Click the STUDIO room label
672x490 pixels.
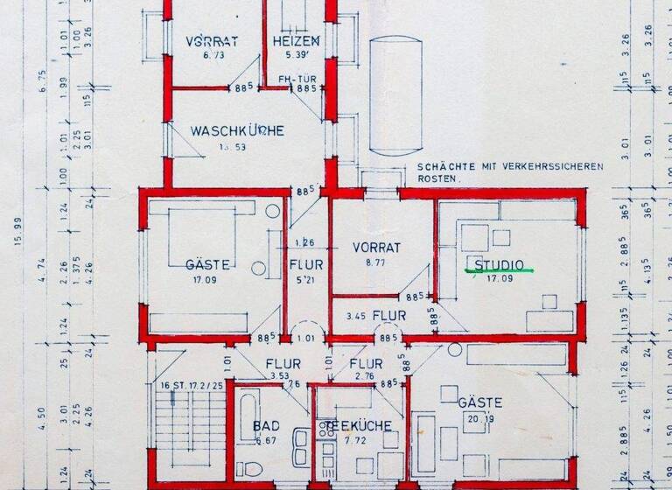(x=499, y=264)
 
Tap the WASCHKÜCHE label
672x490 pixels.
(x=237, y=131)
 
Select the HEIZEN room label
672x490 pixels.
(x=296, y=41)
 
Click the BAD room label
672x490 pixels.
(x=267, y=426)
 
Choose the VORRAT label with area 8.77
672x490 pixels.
(x=376, y=248)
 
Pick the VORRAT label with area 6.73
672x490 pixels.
(x=208, y=42)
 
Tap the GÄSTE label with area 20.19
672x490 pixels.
(x=479, y=402)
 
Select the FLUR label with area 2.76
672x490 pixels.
(x=365, y=364)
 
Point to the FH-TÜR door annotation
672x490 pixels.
(x=296, y=79)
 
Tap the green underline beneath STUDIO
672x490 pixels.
(x=499, y=273)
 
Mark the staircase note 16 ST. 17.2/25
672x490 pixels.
(x=191, y=385)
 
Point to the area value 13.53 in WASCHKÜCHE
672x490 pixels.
(x=235, y=146)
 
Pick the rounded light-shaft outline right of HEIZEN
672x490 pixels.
(x=395, y=96)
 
